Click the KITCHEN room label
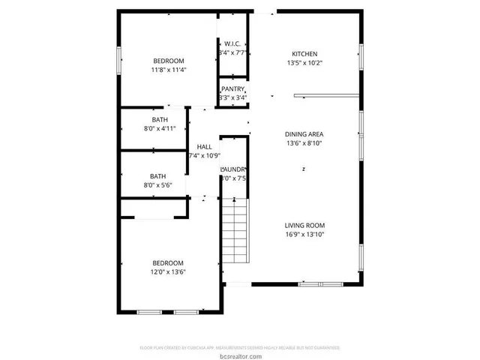(304, 54)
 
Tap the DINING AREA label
(304, 134)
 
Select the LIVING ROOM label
(304, 225)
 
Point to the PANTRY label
(232, 89)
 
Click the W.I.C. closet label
(232, 43)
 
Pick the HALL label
(203, 146)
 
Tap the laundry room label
(233, 169)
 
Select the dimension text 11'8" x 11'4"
(169, 70)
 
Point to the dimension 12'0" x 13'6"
(168, 271)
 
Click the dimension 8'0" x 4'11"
(160, 129)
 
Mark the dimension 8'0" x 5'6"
(160, 184)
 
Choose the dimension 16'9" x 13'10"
(304, 234)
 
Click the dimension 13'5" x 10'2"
(304, 63)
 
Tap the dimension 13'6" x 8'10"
(304, 143)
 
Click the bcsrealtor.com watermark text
(240, 355)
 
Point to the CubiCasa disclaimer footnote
(240, 348)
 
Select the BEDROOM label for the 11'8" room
(169, 61)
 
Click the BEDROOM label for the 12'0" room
(168, 262)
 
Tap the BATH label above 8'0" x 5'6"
(160, 175)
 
